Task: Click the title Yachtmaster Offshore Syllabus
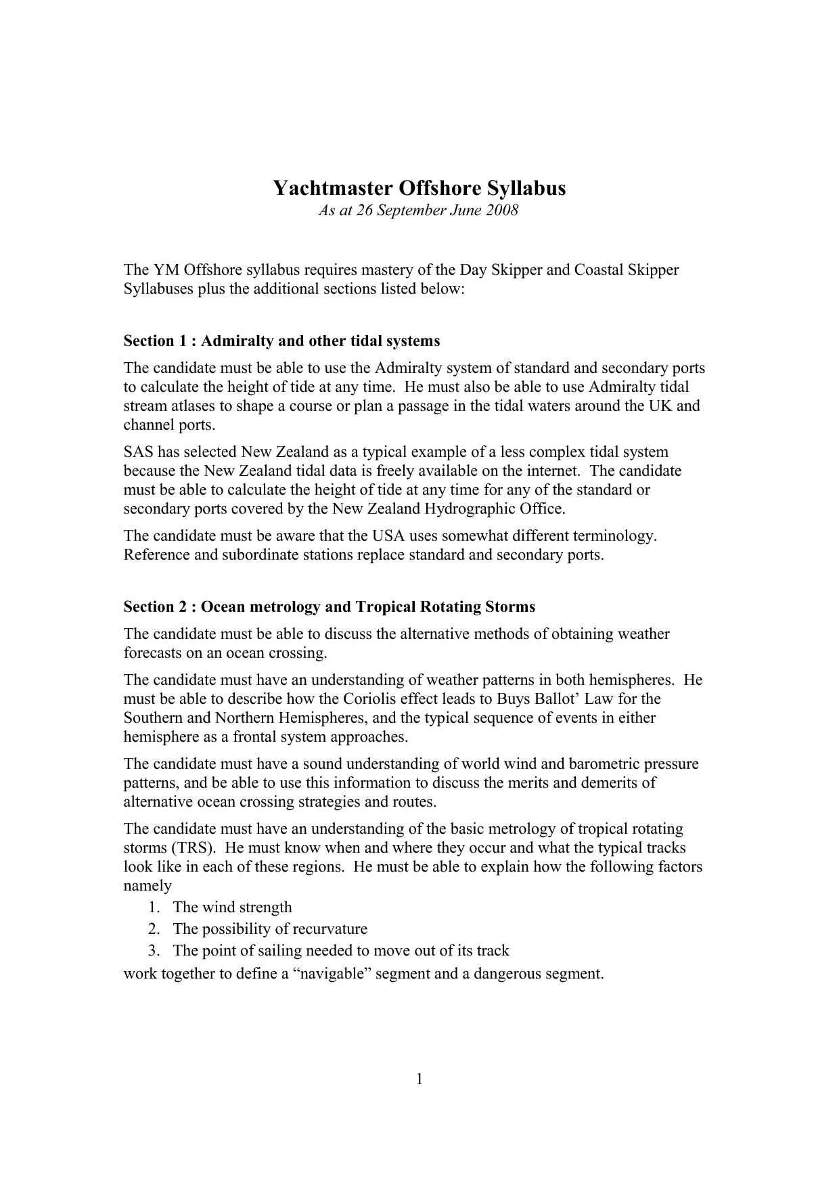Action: click(419, 188)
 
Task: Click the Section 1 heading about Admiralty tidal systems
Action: click(281, 340)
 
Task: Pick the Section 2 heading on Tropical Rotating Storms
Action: click(329, 606)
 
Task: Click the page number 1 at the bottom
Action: click(419, 1079)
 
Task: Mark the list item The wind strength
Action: click(232, 908)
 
